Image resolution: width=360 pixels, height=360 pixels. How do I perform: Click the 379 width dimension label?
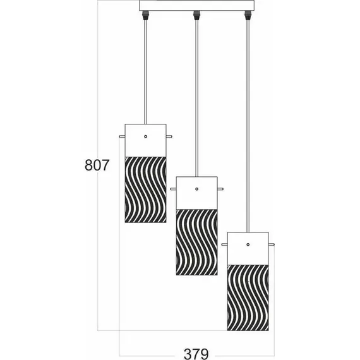(196, 351)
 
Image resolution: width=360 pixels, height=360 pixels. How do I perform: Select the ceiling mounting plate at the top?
(196, 6)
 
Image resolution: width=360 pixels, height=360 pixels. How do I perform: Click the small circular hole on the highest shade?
(145, 136)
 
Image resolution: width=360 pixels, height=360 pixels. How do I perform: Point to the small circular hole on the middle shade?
(196, 189)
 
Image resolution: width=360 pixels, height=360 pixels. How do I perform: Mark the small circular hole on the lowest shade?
(248, 243)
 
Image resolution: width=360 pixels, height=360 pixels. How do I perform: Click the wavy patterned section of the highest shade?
(145, 189)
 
